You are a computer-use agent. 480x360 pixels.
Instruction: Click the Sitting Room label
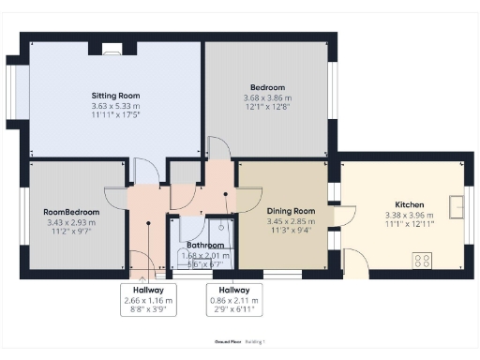[x=115, y=96]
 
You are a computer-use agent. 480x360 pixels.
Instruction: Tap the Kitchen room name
[x=409, y=204]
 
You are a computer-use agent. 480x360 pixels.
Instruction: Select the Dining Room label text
[x=292, y=212]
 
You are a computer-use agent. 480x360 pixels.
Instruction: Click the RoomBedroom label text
[x=70, y=212]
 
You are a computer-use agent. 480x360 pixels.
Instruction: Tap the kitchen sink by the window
[x=458, y=203]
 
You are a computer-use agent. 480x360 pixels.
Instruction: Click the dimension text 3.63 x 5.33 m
[x=115, y=107]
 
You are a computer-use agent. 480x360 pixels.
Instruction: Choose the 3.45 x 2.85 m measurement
[x=292, y=223]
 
